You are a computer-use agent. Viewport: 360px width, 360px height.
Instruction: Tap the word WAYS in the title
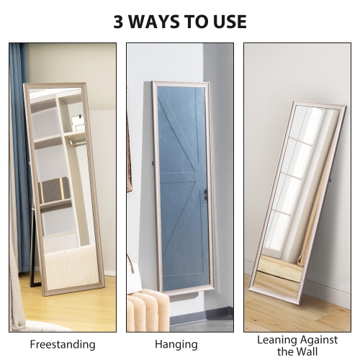pos(161,22)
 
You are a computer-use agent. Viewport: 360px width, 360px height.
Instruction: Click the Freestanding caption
pos(62,344)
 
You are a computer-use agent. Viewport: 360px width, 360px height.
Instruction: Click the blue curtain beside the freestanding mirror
pos(18,144)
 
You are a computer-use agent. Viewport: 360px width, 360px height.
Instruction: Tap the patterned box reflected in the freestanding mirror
pos(55,189)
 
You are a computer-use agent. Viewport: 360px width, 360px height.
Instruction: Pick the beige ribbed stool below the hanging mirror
pos(147,310)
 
